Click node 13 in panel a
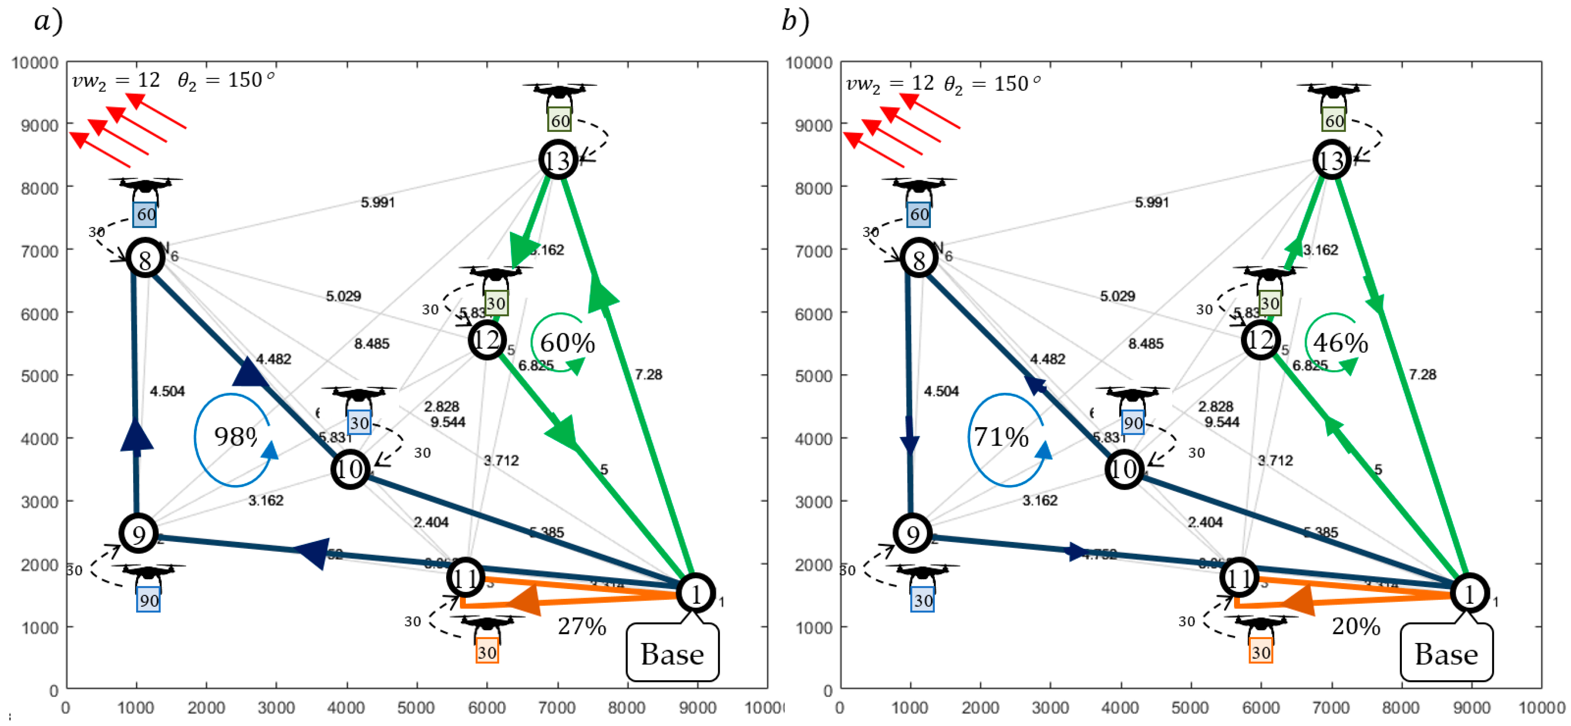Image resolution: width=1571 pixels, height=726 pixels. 558,160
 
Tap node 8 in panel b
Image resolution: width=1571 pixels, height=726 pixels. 918,259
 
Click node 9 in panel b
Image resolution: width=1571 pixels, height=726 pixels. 912,534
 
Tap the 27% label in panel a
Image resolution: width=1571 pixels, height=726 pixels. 582,626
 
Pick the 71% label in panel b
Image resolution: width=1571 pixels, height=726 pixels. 1001,437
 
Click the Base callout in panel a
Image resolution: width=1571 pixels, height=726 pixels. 672,654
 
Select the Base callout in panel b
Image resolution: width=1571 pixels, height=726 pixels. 1446,654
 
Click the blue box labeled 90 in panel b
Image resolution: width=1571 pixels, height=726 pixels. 1133,423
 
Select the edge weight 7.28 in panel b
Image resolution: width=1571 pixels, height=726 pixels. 1422,374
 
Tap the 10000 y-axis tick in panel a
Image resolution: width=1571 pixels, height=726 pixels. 36,63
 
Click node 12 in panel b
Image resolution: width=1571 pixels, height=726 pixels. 1261,339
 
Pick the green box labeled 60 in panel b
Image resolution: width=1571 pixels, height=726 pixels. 1334,121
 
